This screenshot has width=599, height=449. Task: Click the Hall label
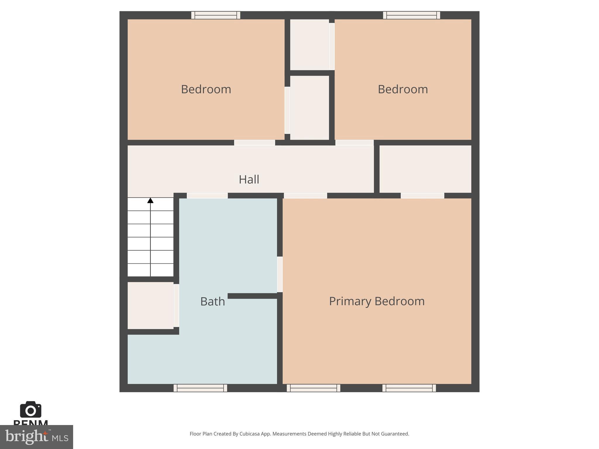(249, 179)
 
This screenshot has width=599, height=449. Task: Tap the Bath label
(213, 301)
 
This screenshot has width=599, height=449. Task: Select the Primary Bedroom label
(377, 301)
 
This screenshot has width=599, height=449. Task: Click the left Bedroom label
(206, 89)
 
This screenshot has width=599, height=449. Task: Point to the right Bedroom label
(403, 89)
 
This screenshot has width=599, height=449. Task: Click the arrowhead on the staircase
(150, 201)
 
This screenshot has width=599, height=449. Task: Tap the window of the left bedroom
(216, 15)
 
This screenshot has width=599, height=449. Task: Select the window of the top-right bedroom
(412, 15)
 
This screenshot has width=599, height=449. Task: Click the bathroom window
(200, 388)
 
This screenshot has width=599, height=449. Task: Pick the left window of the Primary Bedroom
(314, 388)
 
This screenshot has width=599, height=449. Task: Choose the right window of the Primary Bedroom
(409, 388)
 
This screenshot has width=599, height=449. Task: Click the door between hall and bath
(207, 196)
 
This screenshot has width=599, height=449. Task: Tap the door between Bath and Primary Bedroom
(280, 274)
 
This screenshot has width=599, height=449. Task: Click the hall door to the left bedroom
(254, 143)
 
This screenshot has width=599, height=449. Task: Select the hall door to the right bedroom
(354, 143)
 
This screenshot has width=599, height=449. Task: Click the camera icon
(31, 410)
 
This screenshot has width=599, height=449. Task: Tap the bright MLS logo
(37, 437)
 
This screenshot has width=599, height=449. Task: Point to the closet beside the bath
(151, 305)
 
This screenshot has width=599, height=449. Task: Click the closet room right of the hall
(425, 169)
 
